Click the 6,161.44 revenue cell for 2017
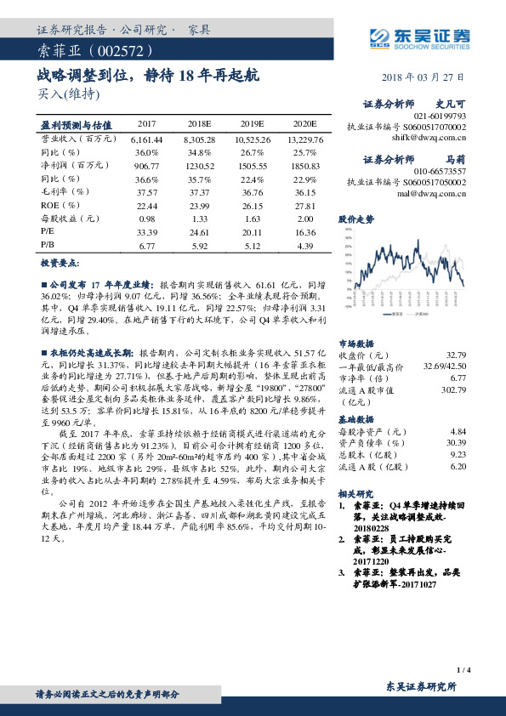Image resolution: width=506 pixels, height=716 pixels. [147, 138]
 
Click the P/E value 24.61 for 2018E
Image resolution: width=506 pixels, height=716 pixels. [200, 231]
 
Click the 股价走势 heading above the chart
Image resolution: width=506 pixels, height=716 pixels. [355, 219]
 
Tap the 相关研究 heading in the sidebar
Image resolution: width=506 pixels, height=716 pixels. [355, 492]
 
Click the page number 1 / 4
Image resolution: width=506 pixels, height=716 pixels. [463, 670]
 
